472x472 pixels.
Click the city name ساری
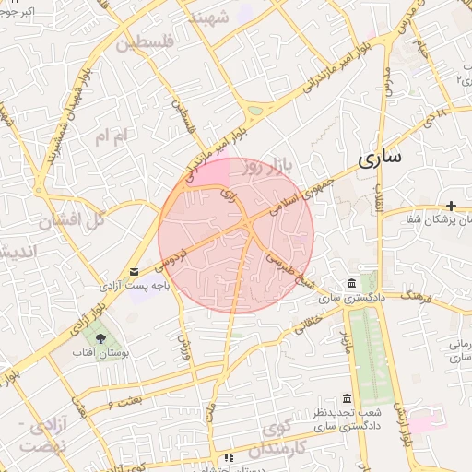point(380,158)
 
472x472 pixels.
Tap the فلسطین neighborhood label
point(137,42)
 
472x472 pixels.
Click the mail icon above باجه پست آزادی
point(136,272)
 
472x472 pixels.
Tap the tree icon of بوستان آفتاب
point(100,338)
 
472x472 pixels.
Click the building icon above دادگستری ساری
point(350,284)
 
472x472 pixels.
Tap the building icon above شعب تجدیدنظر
point(347,398)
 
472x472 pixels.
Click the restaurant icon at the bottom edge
point(228,456)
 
